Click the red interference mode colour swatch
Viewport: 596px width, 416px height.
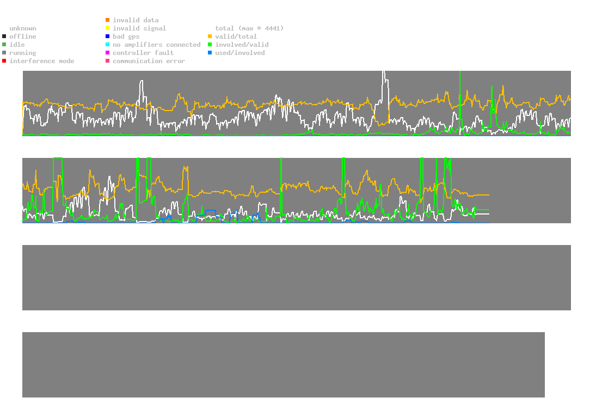[x=4, y=61]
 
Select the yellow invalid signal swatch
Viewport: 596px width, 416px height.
[x=107, y=28]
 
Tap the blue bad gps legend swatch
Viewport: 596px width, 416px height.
[x=107, y=36]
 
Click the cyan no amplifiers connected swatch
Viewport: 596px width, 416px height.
[x=107, y=45]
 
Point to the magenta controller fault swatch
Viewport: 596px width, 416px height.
[x=107, y=53]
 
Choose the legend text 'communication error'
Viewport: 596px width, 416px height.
[x=149, y=61]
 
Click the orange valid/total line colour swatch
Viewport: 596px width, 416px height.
[x=210, y=36]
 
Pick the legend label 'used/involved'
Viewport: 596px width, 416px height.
[x=240, y=53]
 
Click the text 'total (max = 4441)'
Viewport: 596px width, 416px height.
[x=249, y=28]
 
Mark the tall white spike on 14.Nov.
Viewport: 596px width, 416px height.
[x=384, y=74]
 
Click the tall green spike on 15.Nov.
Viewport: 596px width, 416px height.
[x=460, y=76]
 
